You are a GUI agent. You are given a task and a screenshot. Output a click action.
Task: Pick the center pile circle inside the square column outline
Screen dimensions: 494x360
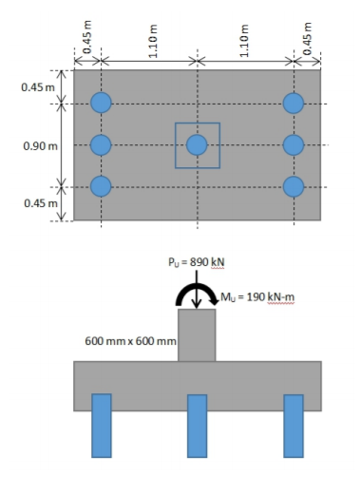197,144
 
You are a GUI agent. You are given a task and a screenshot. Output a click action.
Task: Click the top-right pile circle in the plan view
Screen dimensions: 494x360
294,103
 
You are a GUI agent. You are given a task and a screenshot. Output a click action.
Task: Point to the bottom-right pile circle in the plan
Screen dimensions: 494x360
294,186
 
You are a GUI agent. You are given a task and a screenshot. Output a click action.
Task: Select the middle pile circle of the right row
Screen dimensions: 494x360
294,144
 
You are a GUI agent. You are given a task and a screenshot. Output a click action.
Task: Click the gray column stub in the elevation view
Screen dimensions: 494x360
197,334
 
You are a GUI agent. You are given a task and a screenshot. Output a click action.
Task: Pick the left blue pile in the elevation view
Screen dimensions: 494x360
102,425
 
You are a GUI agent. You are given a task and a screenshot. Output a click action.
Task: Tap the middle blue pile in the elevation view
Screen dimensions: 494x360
197,425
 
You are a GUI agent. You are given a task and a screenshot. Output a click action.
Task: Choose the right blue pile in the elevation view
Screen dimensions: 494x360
294,425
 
